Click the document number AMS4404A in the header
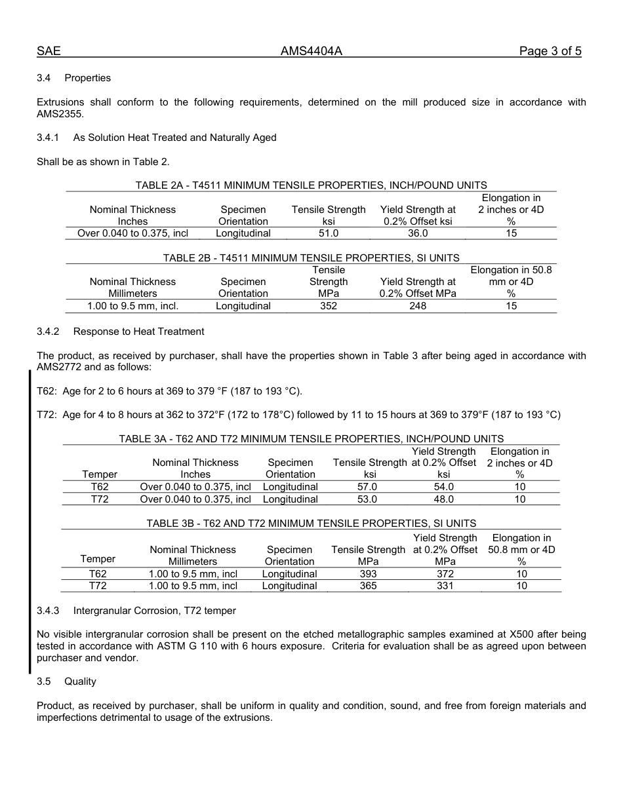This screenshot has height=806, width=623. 311,51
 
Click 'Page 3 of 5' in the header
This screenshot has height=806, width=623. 550,51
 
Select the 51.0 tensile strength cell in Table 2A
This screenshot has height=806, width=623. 328,233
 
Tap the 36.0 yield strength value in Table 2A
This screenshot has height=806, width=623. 418,233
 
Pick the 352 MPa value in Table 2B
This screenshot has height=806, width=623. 328,306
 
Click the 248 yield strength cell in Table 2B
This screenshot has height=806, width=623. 418,306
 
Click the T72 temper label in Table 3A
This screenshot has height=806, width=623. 100,499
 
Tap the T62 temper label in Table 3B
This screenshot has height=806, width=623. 98,574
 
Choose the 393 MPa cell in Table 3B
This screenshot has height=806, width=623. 368,574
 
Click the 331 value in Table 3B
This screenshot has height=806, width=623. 445,586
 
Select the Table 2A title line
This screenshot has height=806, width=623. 311,185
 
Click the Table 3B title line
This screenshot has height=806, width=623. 311,524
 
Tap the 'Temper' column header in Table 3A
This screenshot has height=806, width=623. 100,474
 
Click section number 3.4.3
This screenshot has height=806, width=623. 48,611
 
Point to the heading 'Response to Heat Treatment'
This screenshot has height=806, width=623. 138,332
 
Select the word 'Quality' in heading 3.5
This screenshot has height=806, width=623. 80,681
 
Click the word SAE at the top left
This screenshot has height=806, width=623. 49,51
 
